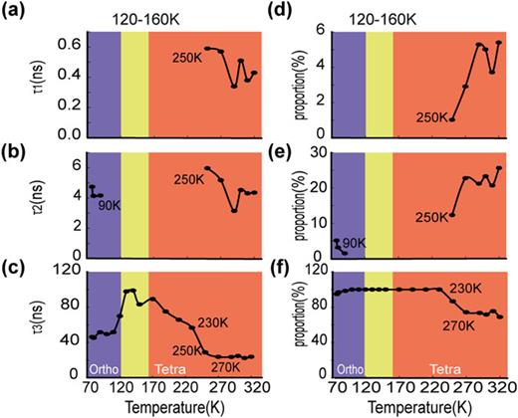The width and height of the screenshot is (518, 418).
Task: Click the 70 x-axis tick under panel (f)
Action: [335, 390]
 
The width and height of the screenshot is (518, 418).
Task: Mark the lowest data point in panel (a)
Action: [233, 86]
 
